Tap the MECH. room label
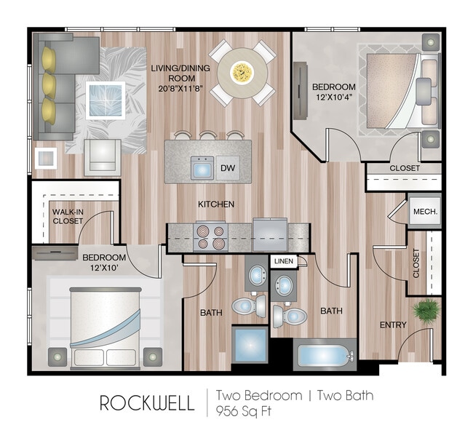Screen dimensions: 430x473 424,211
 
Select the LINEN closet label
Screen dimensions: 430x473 283,260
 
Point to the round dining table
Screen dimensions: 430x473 242,71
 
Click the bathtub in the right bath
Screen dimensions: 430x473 324,357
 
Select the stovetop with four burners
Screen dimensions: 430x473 210,236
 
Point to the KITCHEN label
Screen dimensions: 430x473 216,204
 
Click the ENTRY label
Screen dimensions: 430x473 393,325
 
